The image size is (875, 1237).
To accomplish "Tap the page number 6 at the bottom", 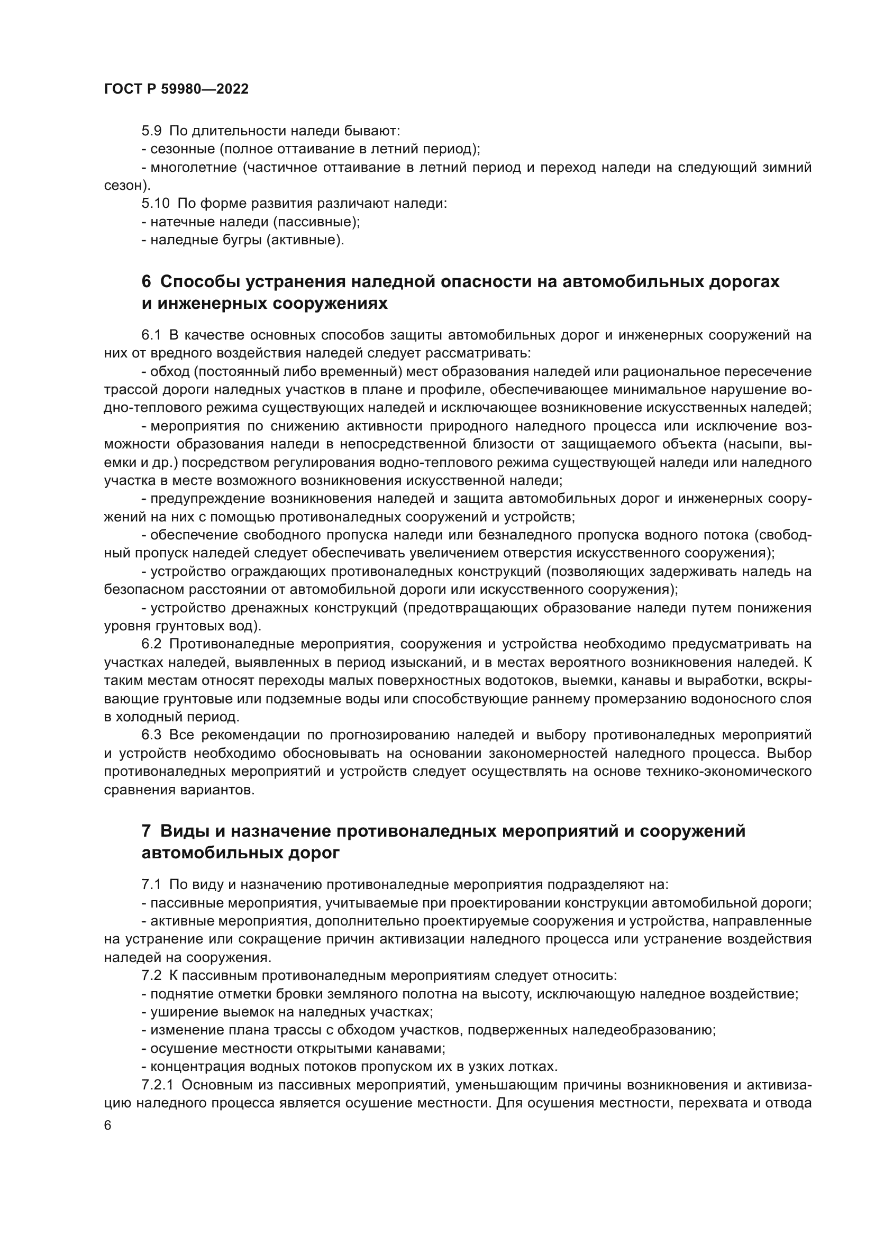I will coord(108,1126).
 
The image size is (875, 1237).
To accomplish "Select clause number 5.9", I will coord(151,131).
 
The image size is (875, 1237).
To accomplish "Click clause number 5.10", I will coord(155,204).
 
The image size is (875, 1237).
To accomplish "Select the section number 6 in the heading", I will coord(146,282).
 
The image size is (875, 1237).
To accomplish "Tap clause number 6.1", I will coord(151,335).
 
